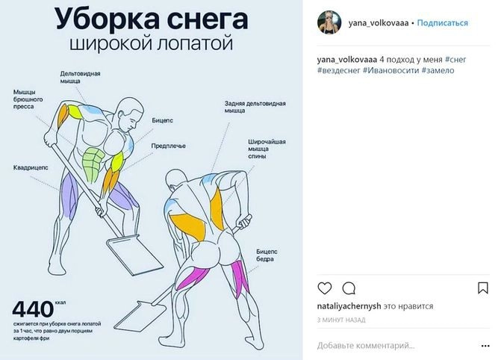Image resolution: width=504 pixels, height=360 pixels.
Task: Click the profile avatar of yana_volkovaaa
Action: pos(329,22)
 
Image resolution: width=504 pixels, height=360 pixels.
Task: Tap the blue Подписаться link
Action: pos(442,23)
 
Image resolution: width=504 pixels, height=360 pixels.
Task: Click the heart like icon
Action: pos(325,288)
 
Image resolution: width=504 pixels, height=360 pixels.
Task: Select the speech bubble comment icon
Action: pos(349,288)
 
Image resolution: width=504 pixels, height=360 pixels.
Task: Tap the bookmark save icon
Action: pos(483,288)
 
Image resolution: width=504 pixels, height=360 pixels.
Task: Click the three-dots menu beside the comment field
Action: pos(485,346)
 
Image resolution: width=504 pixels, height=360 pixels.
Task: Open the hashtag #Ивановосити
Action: pos(391,70)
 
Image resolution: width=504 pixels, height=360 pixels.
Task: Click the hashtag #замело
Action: pos(438,70)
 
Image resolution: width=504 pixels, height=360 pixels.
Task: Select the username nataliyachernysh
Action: pos(349,306)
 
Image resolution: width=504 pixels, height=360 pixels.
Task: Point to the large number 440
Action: pos(33,309)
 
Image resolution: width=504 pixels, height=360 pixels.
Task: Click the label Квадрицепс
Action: pos(31,168)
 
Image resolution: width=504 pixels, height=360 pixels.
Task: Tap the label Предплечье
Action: pos(169,146)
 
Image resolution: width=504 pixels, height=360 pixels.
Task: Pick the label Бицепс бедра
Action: pos(267,255)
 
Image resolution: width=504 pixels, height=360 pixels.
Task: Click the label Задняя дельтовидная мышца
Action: pos(255,107)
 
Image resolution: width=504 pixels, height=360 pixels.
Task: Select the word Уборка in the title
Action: pos(107,19)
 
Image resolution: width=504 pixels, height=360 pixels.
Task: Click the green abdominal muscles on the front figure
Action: pos(93,164)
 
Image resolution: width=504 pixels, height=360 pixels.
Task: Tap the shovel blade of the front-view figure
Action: pos(135,255)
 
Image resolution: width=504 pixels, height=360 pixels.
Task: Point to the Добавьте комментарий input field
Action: pos(366,346)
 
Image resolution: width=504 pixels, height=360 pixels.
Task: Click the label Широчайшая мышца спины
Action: pos(267,149)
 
